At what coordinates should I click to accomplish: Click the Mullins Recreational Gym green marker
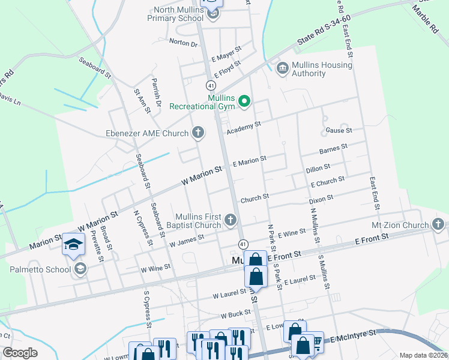[x=244, y=101]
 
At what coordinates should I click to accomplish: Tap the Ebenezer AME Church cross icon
[x=198, y=133]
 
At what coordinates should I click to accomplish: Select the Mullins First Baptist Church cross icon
[x=230, y=220]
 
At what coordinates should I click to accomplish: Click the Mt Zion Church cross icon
[x=438, y=225]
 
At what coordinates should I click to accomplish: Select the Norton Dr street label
[x=183, y=43]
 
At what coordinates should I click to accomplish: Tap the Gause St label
[x=339, y=130]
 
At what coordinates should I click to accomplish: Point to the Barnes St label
[x=334, y=148]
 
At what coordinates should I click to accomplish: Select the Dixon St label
[x=321, y=199]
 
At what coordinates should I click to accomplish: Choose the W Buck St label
[x=235, y=314]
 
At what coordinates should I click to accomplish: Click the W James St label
[x=187, y=241]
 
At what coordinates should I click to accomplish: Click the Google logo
[x=20, y=353]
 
